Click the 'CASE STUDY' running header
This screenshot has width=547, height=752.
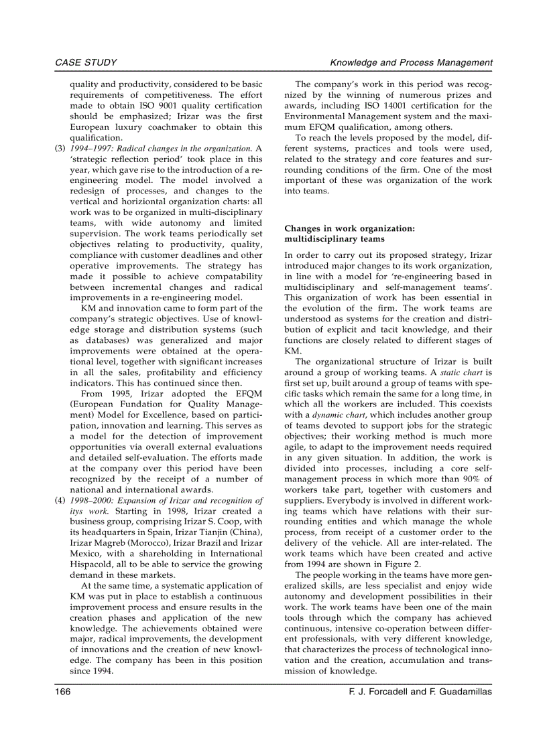[85, 63]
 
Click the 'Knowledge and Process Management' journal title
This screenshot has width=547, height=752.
[411, 63]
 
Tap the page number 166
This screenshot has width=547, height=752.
[63, 692]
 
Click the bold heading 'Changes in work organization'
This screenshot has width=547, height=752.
[349, 228]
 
